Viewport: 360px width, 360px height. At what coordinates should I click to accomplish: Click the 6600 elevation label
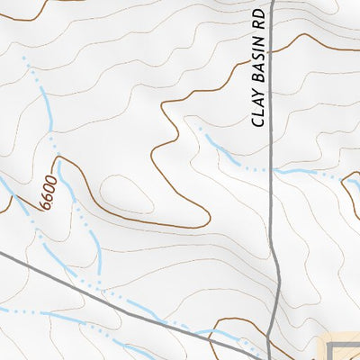(47, 194)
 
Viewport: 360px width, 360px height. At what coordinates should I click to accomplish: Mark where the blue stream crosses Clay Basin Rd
(271, 169)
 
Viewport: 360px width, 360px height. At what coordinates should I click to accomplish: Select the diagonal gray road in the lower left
(90, 288)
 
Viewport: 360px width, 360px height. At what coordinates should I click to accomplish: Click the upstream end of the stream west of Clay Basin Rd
(202, 132)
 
